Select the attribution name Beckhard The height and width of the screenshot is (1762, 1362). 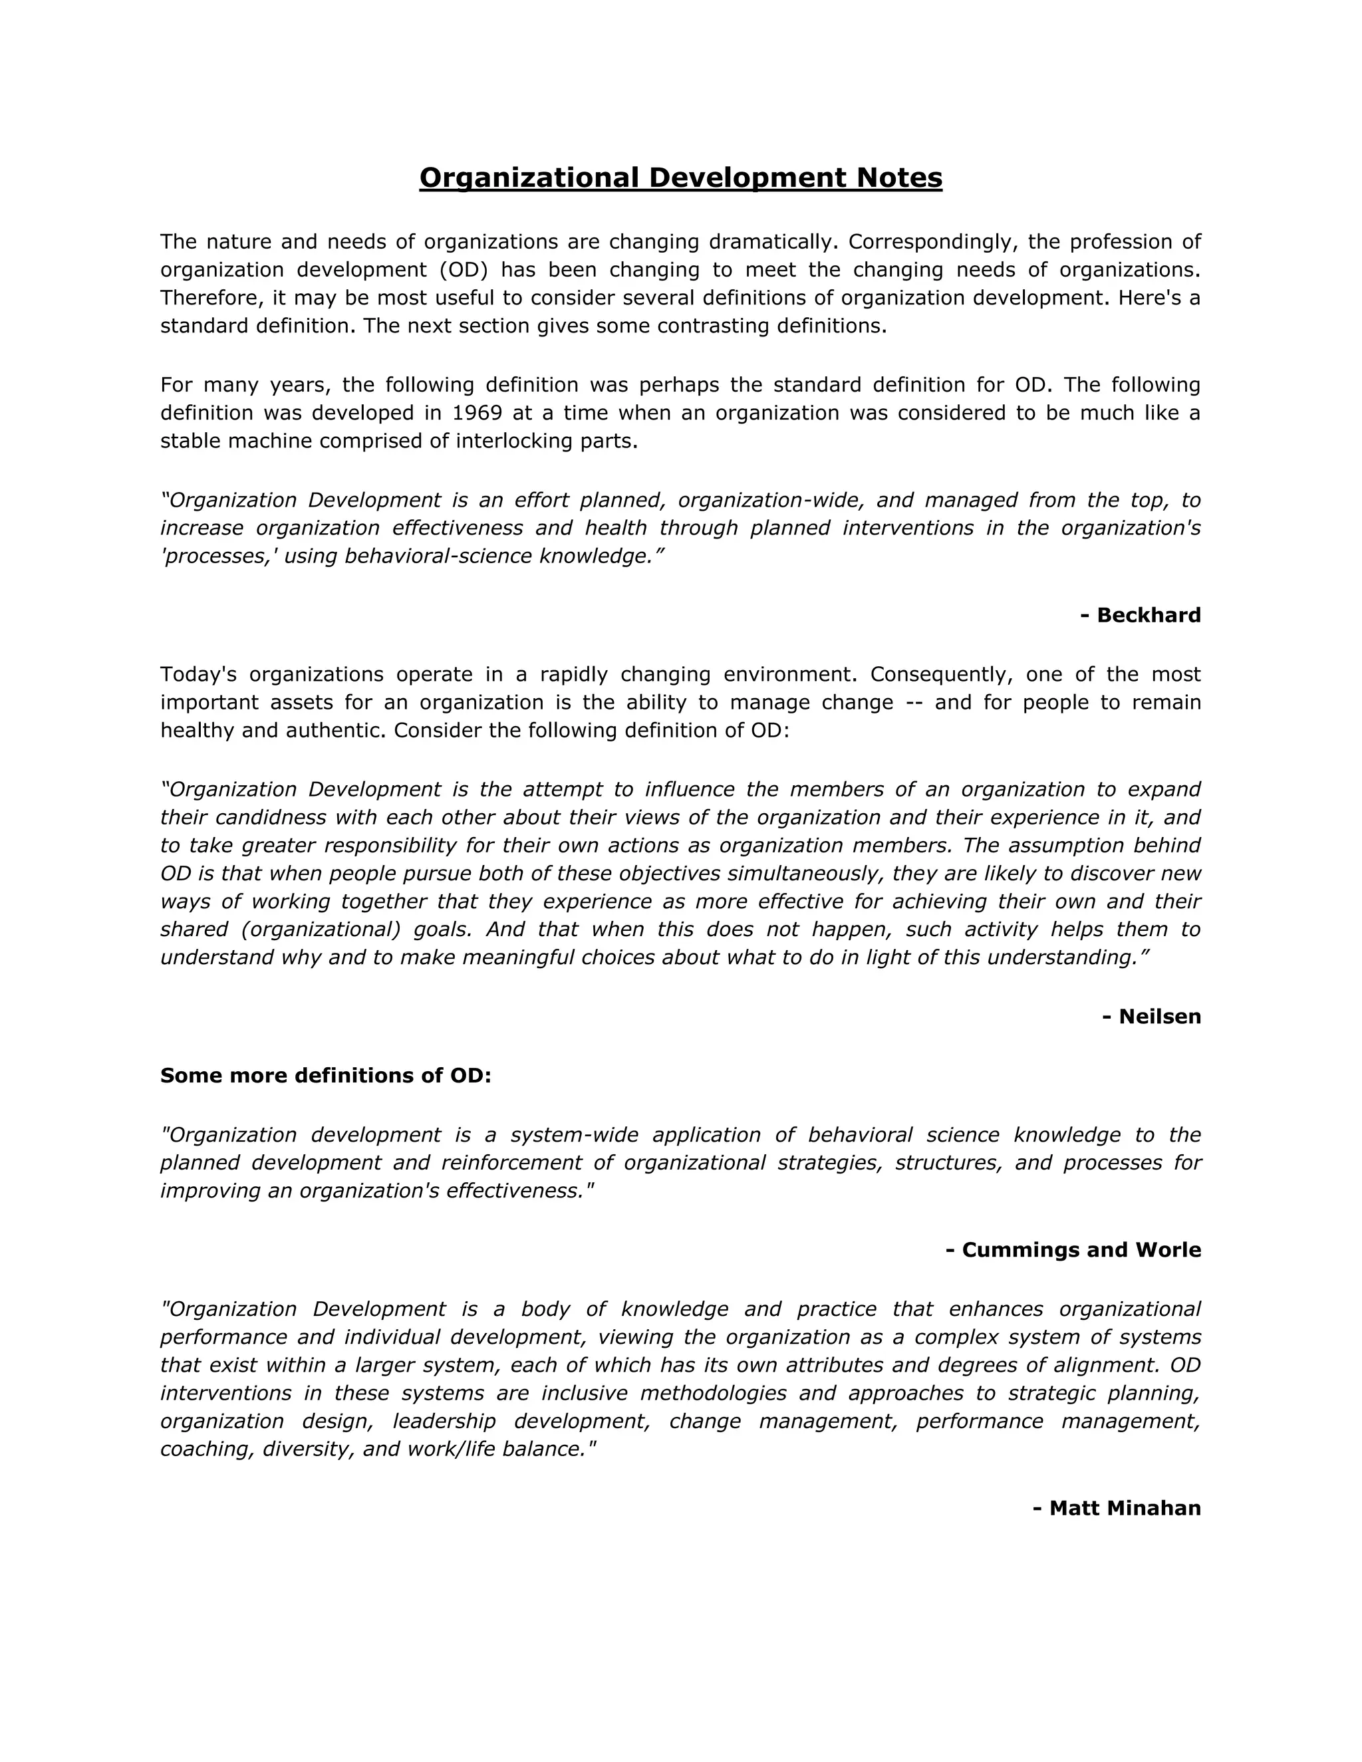pyautogui.click(x=1149, y=615)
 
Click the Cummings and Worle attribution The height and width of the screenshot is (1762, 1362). pyautogui.click(x=1073, y=1250)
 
